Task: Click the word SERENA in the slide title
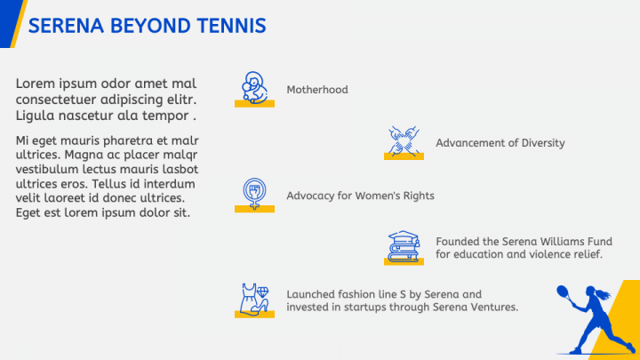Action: (66, 26)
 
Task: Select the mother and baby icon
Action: (254, 87)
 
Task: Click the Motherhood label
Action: (317, 90)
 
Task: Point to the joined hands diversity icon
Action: (404, 140)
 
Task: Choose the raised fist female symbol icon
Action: (254, 193)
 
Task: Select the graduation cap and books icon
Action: (404, 246)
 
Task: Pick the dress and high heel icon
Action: (254, 299)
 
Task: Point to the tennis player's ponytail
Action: (604, 294)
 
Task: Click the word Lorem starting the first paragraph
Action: (35, 84)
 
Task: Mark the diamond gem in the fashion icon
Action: (262, 292)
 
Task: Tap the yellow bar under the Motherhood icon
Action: (254, 104)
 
